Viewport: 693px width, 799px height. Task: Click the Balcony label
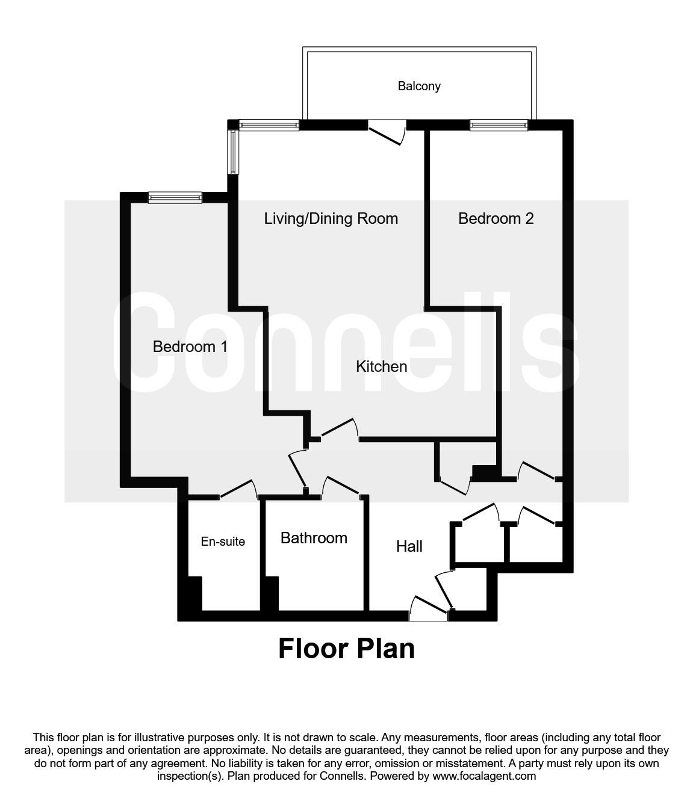419,86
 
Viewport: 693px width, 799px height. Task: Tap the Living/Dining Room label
331,218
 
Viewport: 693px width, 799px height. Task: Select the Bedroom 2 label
496,218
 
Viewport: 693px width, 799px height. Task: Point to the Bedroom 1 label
190,347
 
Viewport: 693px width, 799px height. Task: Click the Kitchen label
381,366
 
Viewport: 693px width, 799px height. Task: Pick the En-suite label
223,541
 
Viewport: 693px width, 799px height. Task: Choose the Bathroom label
314,538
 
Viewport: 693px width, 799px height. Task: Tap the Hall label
409,546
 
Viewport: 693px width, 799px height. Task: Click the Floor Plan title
346,649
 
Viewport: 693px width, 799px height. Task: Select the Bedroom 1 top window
175,197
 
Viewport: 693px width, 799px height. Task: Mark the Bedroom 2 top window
499,125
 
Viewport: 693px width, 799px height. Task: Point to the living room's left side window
232,152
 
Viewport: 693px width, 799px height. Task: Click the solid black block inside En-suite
194,593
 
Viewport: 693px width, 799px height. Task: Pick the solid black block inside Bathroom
270,593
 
